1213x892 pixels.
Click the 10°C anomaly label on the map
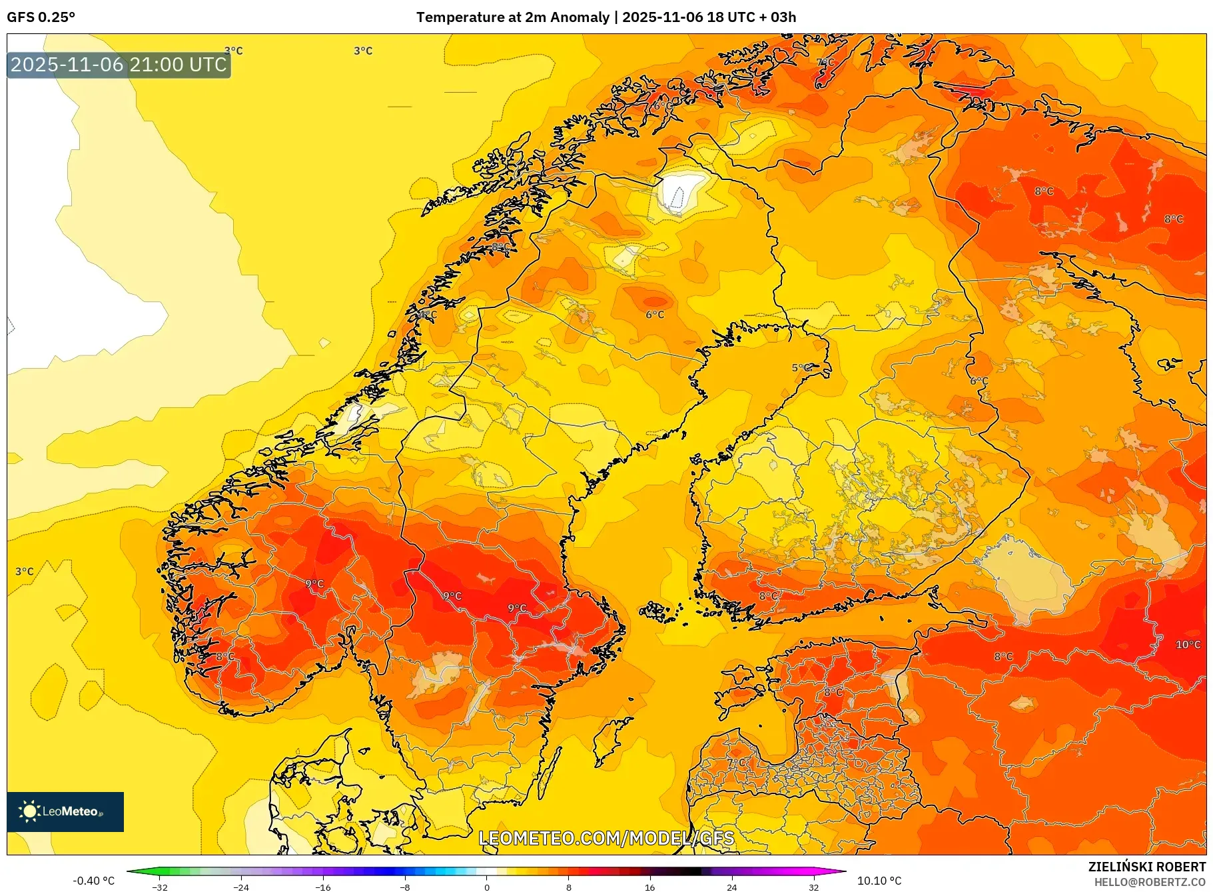coord(1188,645)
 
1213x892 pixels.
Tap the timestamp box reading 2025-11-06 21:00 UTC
coord(119,65)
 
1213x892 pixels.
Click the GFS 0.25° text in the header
coord(41,17)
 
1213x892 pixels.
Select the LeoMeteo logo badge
coord(65,811)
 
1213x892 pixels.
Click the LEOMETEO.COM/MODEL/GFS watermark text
coord(606,838)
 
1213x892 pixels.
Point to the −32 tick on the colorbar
coord(160,887)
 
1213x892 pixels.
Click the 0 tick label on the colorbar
coord(487,887)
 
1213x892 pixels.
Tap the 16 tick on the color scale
coord(650,887)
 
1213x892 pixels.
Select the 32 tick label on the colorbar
coord(813,887)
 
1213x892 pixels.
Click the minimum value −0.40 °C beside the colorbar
coord(93,881)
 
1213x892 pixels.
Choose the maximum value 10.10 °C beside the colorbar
coord(879,881)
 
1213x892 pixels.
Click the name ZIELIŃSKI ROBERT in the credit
coord(1146,867)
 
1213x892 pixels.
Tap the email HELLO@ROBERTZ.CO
coord(1150,882)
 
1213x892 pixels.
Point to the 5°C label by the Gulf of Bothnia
coord(801,368)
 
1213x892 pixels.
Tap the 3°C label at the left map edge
coord(24,571)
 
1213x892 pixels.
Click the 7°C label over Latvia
coord(736,763)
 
